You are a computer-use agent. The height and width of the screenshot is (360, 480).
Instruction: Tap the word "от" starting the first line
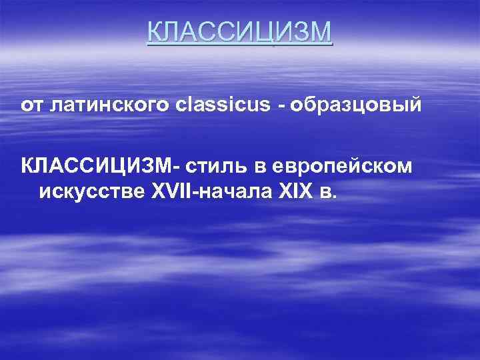click(x=30, y=106)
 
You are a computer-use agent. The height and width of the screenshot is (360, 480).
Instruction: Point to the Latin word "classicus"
click(x=214, y=105)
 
